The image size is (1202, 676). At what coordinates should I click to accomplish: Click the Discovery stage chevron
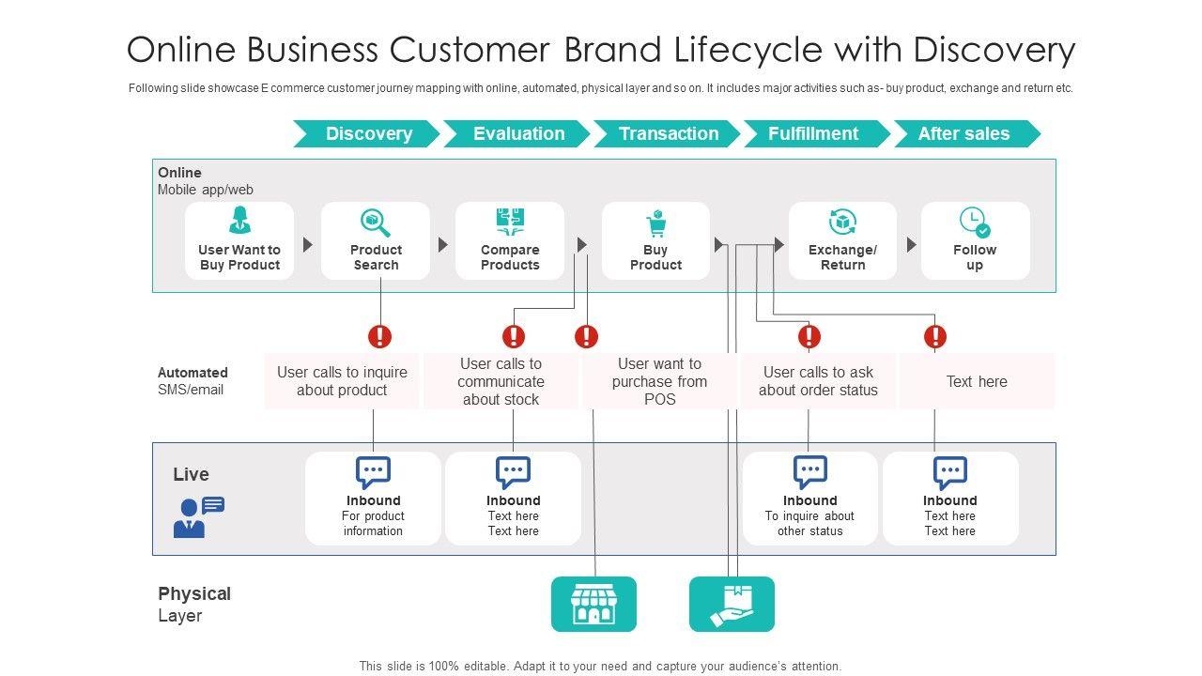click(366, 133)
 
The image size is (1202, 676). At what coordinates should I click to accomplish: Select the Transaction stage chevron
click(667, 133)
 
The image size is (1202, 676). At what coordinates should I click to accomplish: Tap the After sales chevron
click(967, 133)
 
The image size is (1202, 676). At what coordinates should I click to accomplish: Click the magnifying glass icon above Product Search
click(375, 223)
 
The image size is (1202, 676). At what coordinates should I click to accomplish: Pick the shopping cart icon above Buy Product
click(656, 223)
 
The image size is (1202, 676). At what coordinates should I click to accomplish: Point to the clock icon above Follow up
click(975, 223)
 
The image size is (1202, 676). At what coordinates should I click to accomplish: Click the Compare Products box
click(510, 241)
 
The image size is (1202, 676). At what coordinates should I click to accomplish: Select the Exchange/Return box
click(842, 241)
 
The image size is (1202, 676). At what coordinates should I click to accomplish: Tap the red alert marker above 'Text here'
click(935, 336)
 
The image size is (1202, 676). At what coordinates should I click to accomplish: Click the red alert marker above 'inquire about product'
click(380, 336)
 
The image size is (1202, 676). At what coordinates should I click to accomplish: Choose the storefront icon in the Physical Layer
click(593, 604)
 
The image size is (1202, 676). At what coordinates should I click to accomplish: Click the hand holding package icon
click(732, 604)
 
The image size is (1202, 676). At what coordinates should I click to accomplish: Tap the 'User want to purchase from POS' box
click(659, 381)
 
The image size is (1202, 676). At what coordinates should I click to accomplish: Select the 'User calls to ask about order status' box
click(818, 381)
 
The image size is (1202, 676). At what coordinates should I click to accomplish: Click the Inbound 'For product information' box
click(373, 499)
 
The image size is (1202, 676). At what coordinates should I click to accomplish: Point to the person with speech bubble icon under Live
click(198, 516)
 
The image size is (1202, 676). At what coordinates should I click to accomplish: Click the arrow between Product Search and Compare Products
click(442, 245)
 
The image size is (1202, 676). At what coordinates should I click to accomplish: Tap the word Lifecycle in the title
click(748, 50)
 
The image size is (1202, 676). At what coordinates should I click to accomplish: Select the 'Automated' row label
click(193, 373)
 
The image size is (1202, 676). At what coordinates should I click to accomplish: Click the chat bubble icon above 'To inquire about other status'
click(810, 471)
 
